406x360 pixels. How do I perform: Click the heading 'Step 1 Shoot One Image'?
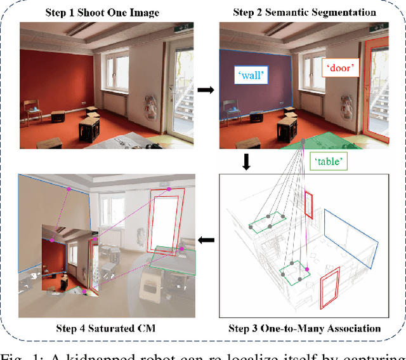[x=102, y=13]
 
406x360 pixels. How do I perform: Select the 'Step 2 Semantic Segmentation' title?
[x=304, y=13]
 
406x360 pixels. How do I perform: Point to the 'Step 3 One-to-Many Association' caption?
[x=304, y=328]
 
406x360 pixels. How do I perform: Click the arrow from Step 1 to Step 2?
[x=206, y=91]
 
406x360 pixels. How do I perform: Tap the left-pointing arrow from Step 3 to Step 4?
[x=206, y=241]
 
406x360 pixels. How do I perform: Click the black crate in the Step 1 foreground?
[x=90, y=131]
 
